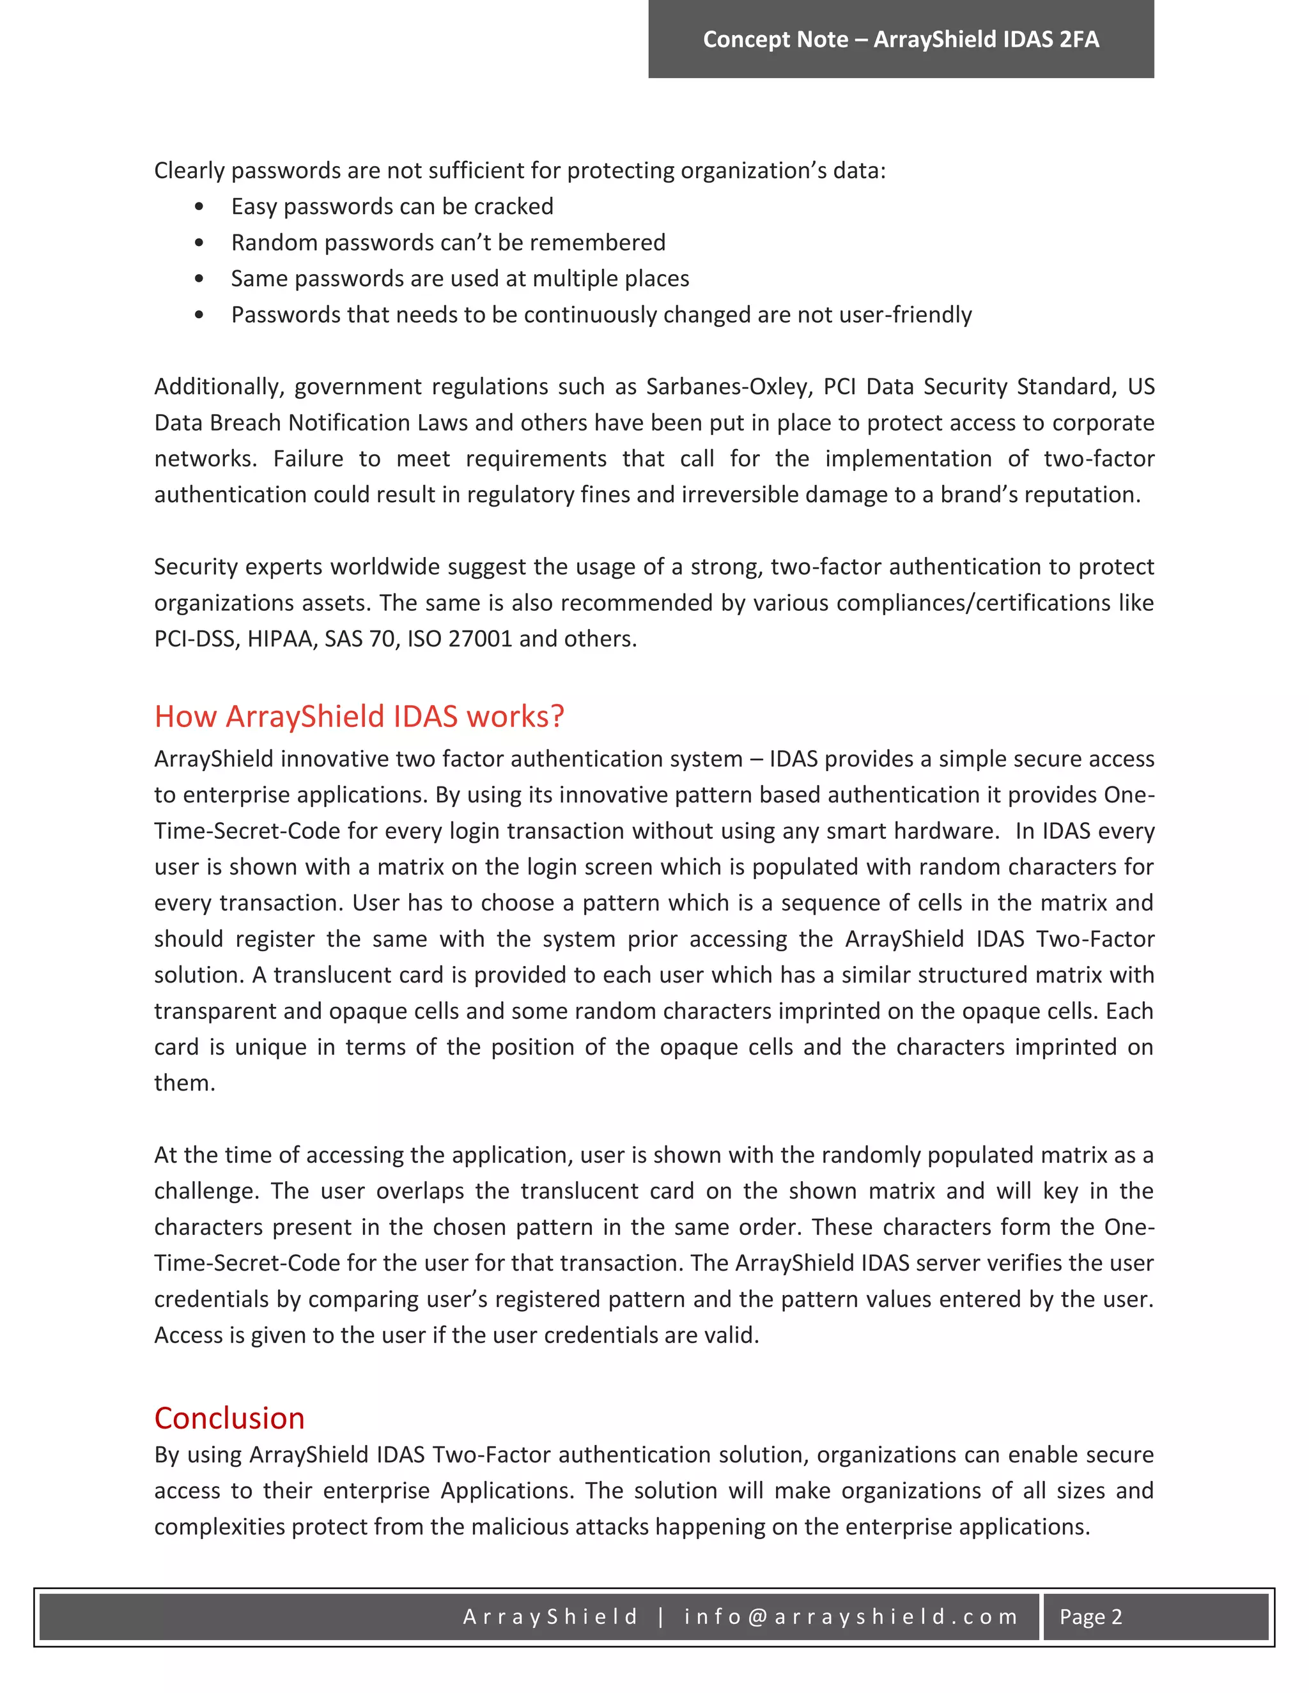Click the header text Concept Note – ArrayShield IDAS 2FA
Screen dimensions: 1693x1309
point(901,40)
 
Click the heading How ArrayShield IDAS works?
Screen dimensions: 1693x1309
point(359,716)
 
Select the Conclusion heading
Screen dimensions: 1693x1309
point(229,1418)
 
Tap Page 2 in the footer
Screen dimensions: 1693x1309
point(1090,1616)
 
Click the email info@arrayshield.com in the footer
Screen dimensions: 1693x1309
point(851,1616)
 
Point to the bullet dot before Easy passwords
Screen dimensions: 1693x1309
point(199,207)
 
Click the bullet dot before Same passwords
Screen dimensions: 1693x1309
point(199,279)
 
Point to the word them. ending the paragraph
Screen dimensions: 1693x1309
point(185,1083)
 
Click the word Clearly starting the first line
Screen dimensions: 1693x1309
point(189,171)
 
